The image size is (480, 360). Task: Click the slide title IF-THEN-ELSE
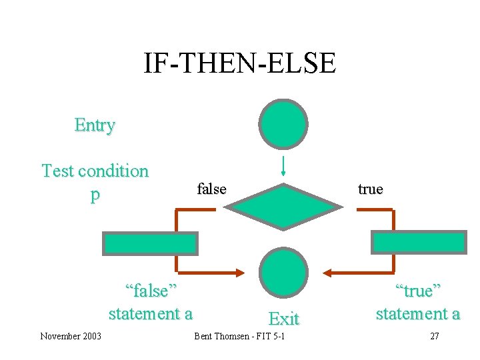[240, 63]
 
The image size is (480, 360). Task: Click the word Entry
[95, 125]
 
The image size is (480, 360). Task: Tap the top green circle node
[283, 123]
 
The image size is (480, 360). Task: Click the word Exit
[283, 319]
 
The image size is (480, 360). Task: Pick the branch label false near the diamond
[211, 189]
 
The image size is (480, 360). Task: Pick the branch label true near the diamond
[370, 189]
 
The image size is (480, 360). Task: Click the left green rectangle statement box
[150, 243]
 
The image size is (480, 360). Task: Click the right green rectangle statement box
[418, 243]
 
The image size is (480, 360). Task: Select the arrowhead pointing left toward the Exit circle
[328, 273]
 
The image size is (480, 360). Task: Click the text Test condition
[95, 171]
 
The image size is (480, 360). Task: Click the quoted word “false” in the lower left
[151, 291]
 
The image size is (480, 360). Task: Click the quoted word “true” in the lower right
[418, 291]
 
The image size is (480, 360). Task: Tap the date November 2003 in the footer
[71, 336]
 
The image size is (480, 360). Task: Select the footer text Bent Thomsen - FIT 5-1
[239, 336]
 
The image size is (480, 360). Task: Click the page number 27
[434, 336]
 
